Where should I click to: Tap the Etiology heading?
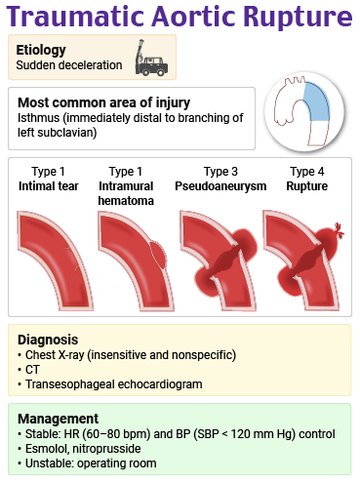pyautogui.click(x=42, y=49)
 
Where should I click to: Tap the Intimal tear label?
pyautogui.click(x=49, y=185)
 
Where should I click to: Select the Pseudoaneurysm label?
pyautogui.click(x=220, y=185)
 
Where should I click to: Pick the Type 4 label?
pyautogui.click(x=306, y=172)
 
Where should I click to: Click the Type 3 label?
pyautogui.click(x=220, y=172)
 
